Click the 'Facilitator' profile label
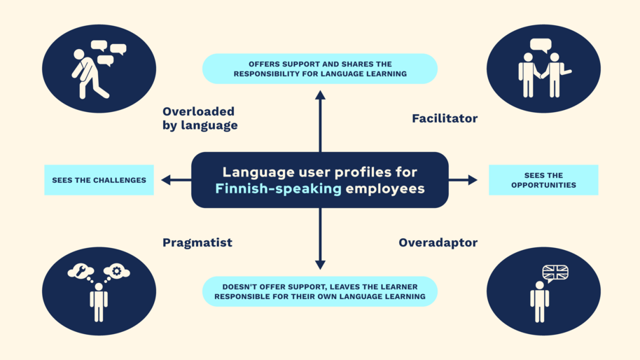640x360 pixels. pyautogui.click(x=445, y=118)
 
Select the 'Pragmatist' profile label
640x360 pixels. pyautogui.click(x=197, y=243)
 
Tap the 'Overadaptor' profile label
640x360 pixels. pyautogui.click(x=438, y=243)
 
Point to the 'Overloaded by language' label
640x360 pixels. pyautogui.click(x=200, y=118)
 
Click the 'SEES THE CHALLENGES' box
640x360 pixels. pyautogui.click(x=99, y=180)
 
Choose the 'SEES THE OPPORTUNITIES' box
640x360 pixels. pyautogui.click(x=543, y=180)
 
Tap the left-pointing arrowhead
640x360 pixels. pyautogui.click(x=166, y=180)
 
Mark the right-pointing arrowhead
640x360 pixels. pyautogui.click(x=473, y=180)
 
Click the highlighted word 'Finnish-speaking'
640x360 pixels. pyautogui.click(x=278, y=188)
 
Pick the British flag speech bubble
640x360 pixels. pyautogui.click(x=555, y=272)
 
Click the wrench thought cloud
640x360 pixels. pyautogui.click(x=81, y=271)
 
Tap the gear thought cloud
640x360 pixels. pyautogui.click(x=116, y=271)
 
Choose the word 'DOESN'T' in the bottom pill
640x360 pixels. pyautogui.click(x=239, y=287)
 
